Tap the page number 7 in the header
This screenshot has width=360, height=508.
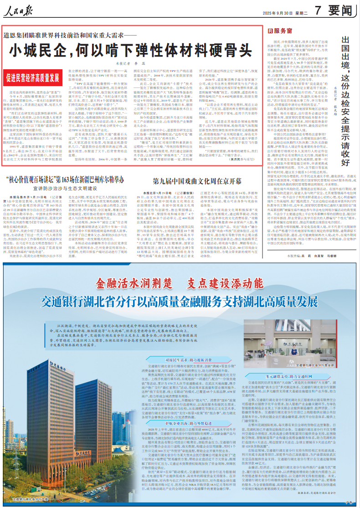tap(318, 10)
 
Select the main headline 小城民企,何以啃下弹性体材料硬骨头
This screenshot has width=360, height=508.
tap(132, 48)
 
